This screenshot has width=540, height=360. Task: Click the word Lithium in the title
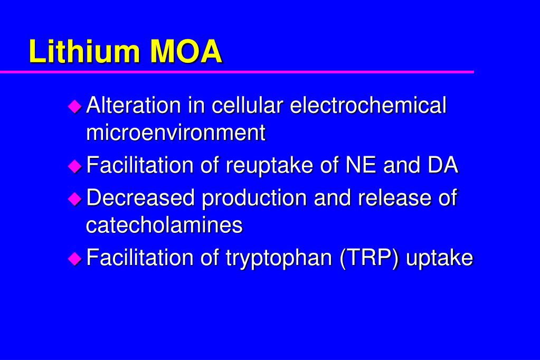coord(85,52)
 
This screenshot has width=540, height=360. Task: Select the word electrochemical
coord(368,105)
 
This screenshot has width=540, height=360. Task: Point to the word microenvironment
coord(176,132)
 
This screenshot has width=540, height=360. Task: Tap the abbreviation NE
coord(362,165)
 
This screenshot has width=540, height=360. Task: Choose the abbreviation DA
coord(442,165)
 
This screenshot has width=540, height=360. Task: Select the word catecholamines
coord(164,225)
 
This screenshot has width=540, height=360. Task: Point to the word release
coord(389,198)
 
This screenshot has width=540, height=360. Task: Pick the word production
coord(254,199)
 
